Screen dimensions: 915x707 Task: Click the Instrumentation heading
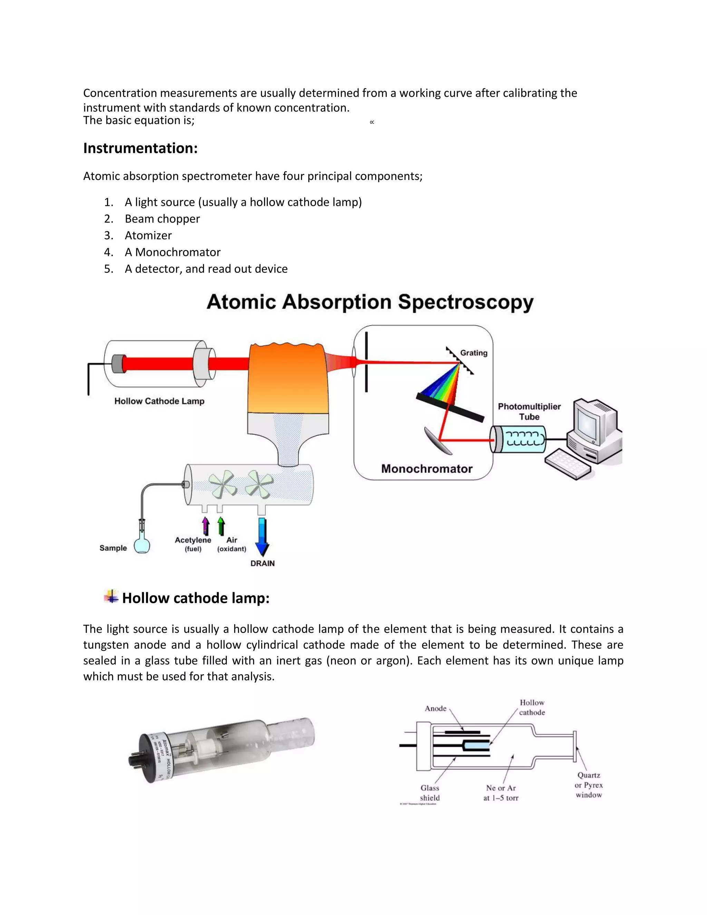[x=140, y=148]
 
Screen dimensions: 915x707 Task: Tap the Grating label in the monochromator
[x=474, y=353]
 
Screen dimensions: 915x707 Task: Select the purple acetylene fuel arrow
[x=206, y=526]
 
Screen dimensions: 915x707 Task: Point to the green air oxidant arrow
[x=221, y=526]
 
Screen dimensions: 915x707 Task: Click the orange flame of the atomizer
[x=288, y=377]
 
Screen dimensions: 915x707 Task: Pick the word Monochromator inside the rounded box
[x=426, y=469]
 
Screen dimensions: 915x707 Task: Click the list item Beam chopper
[x=162, y=219]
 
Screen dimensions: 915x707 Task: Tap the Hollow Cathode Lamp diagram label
[x=159, y=401]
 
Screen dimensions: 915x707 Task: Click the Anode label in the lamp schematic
[x=436, y=709]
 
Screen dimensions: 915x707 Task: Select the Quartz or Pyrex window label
[x=589, y=785]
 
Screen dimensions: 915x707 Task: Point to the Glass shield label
[x=430, y=793]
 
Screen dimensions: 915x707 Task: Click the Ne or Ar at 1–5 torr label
[x=501, y=793]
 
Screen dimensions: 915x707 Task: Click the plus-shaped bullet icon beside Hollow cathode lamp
[x=111, y=596]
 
